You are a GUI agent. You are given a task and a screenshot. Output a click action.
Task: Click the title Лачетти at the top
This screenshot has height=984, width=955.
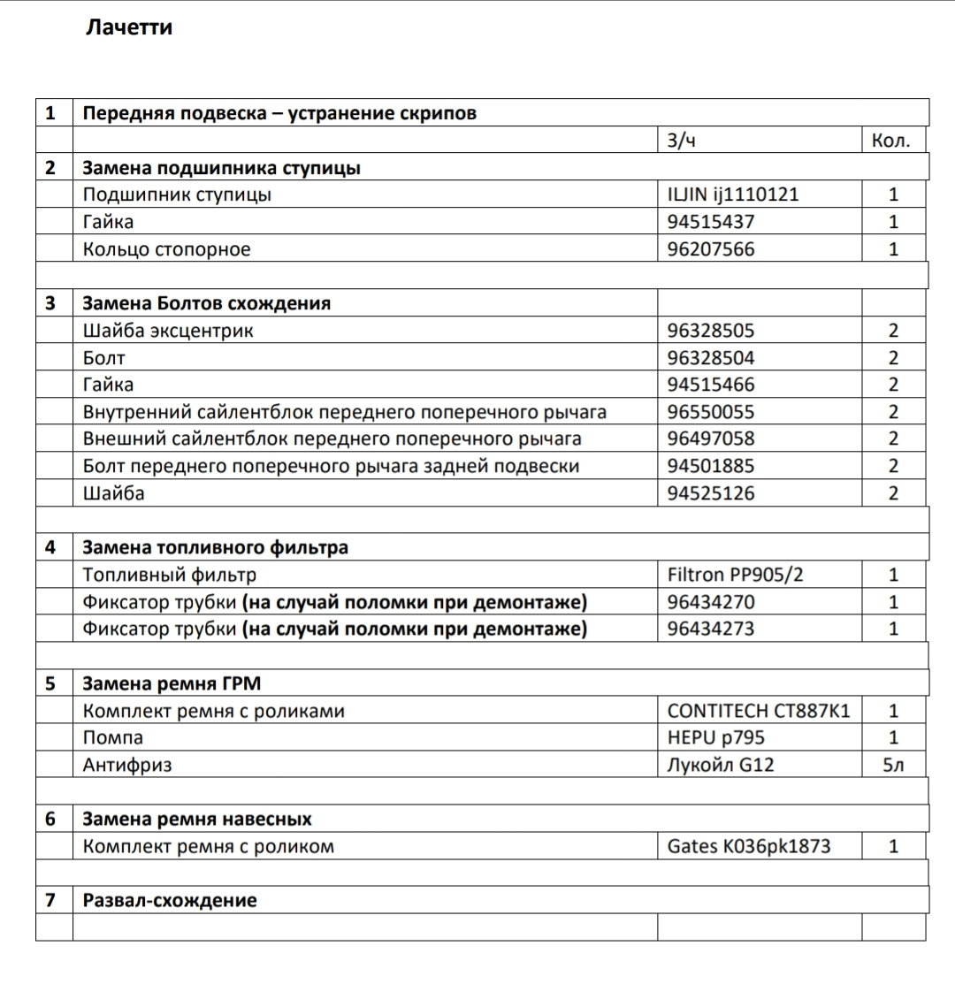tap(129, 27)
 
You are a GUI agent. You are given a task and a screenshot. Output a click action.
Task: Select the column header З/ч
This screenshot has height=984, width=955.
tap(684, 141)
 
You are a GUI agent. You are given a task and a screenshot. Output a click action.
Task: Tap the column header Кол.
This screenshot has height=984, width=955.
tap(890, 141)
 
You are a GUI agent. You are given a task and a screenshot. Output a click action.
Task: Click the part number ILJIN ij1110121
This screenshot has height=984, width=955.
tap(733, 195)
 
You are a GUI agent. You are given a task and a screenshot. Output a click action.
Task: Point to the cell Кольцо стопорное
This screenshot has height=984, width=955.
tap(166, 249)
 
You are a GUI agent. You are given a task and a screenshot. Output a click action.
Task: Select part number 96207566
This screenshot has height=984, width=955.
tap(711, 249)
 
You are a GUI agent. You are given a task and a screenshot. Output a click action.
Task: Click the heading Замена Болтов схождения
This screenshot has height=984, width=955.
tap(206, 303)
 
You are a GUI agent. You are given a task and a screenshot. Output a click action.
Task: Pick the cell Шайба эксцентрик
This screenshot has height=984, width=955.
tap(168, 331)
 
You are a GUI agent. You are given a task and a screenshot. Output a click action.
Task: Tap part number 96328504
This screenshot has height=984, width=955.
tap(711, 358)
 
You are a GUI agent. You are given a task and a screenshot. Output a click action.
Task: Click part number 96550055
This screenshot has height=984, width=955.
tap(711, 412)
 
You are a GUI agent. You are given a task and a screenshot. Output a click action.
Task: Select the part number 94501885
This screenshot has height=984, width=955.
tap(711, 466)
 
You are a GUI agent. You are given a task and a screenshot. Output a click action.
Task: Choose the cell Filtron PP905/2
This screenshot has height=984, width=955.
tap(736, 575)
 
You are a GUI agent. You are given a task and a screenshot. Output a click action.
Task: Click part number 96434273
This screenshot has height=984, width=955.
tap(711, 629)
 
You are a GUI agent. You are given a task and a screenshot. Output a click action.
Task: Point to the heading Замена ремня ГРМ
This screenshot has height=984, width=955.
tap(172, 683)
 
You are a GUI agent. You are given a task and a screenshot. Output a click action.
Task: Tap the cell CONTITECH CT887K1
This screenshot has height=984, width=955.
tap(759, 711)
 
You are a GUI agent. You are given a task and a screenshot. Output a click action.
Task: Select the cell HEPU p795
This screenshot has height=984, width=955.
tap(716, 737)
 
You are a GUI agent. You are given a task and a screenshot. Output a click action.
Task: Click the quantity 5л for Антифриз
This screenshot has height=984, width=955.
tap(893, 765)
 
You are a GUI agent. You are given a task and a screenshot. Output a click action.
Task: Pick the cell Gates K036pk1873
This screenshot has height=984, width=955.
tap(749, 846)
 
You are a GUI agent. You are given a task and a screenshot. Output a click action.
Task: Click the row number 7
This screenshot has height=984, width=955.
tap(50, 900)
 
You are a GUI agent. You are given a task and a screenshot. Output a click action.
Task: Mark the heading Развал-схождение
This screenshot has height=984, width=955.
tap(170, 900)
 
